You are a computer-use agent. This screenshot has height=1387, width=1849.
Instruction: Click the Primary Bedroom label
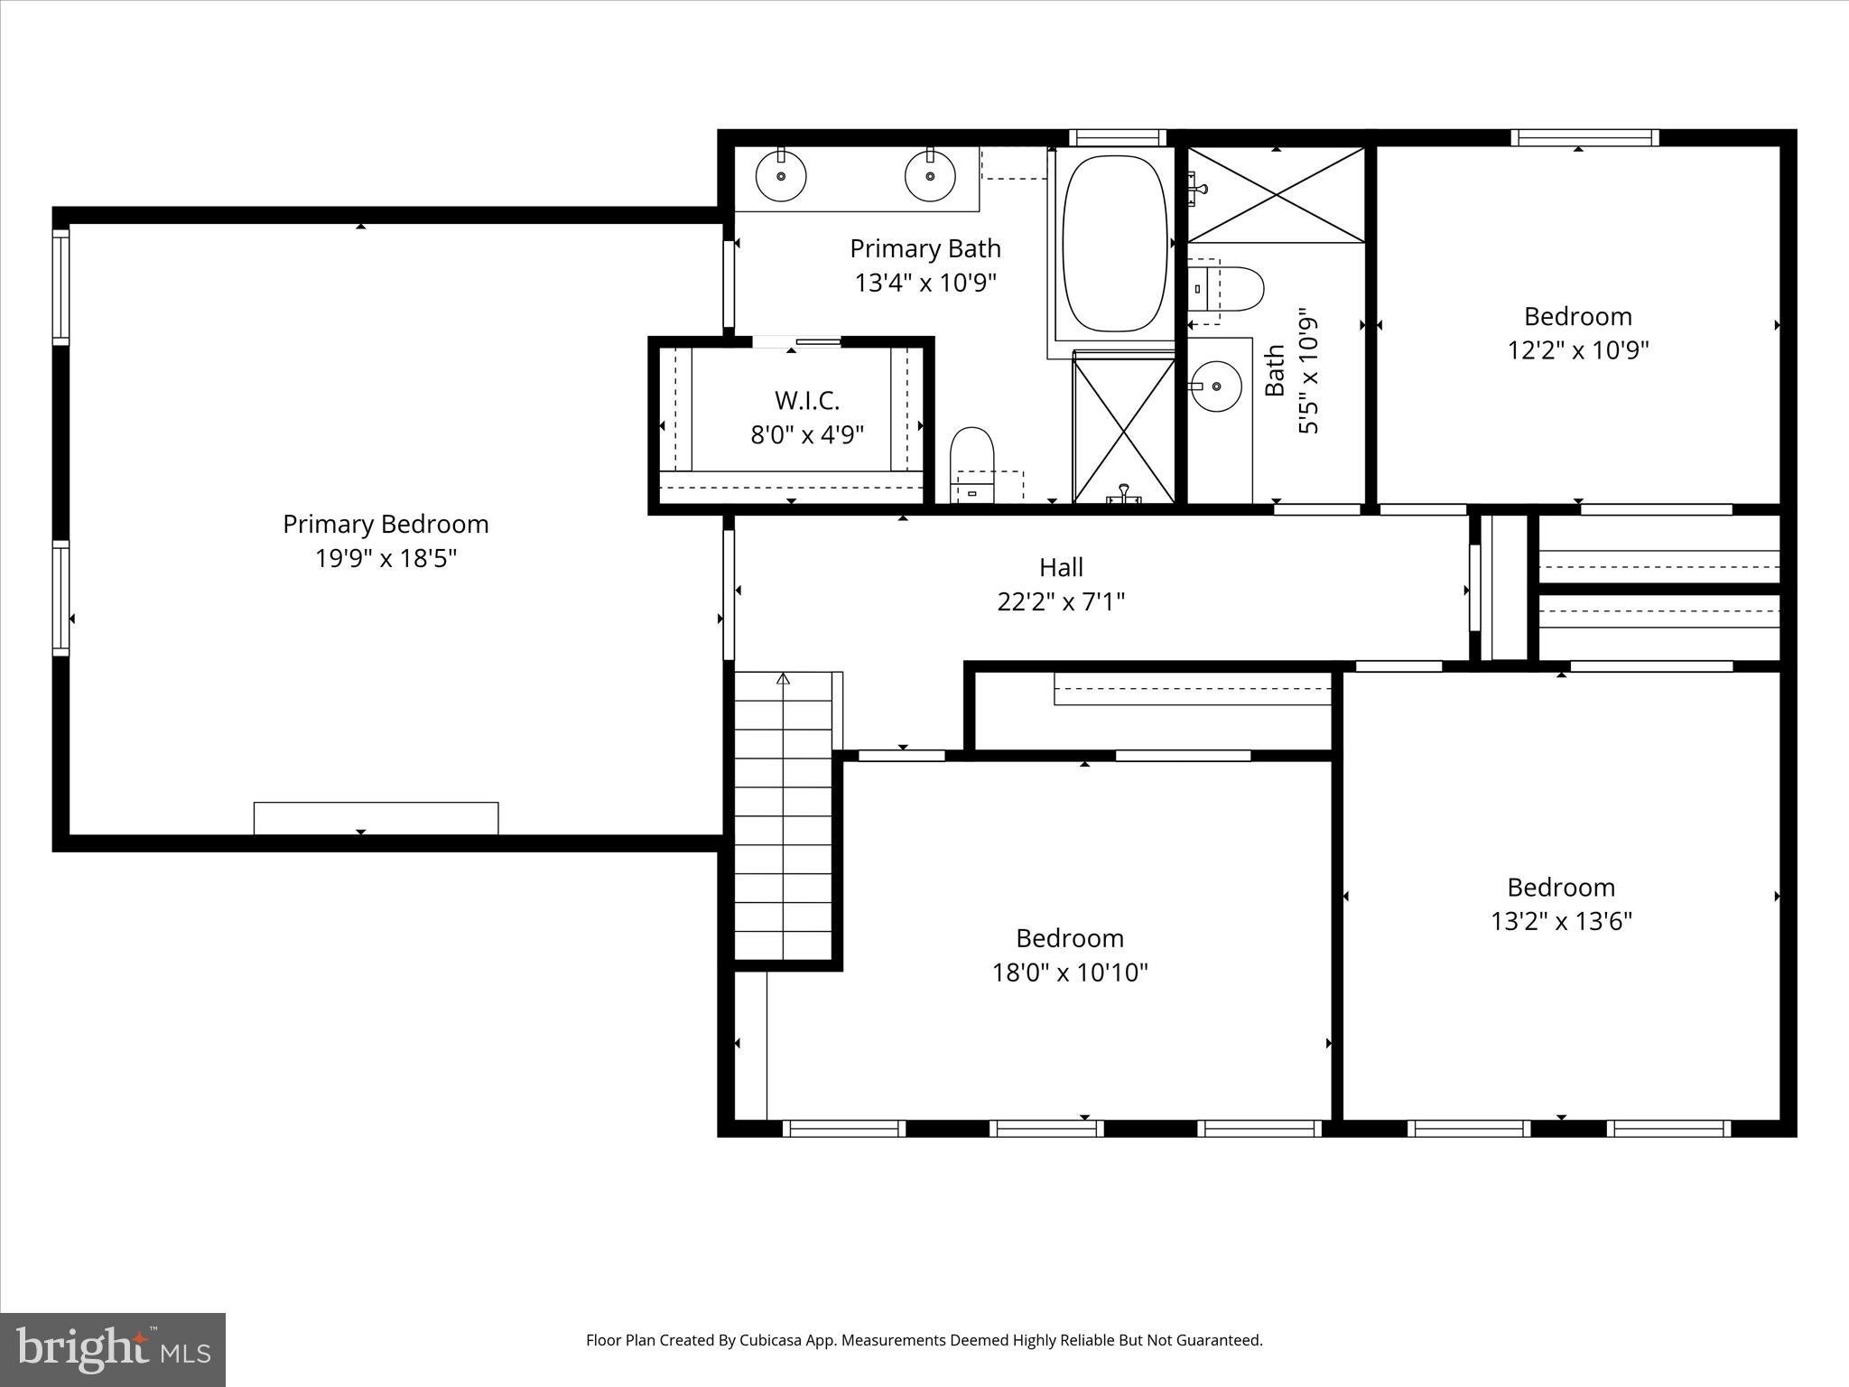pyautogui.click(x=386, y=524)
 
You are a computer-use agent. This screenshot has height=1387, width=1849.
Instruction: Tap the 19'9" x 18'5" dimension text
pyautogui.click(x=386, y=558)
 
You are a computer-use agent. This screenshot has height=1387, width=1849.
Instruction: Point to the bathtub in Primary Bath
pyautogui.click(x=1114, y=244)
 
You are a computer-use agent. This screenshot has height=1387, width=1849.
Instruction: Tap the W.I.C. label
pyautogui.click(x=806, y=400)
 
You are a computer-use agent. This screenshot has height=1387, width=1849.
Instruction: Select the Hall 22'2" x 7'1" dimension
pyautogui.click(x=1061, y=601)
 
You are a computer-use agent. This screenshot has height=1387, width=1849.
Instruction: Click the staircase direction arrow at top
pyautogui.click(x=783, y=678)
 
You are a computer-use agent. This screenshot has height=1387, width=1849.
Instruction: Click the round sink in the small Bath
pyautogui.click(x=1215, y=386)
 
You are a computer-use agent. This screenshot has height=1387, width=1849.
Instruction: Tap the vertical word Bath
pyautogui.click(x=1275, y=370)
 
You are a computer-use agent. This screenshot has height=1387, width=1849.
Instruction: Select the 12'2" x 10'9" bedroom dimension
pyautogui.click(x=1578, y=350)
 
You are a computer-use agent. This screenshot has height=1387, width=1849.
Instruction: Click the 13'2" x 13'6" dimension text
pyautogui.click(x=1560, y=921)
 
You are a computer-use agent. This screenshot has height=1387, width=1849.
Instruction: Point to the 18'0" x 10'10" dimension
pyautogui.click(x=1070, y=973)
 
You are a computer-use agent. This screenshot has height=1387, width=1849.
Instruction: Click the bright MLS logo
pyautogui.click(x=112, y=1349)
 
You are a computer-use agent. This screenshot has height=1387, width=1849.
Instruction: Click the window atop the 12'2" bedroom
pyautogui.click(x=1585, y=137)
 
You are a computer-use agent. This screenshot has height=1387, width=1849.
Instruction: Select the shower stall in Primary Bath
pyautogui.click(x=1123, y=429)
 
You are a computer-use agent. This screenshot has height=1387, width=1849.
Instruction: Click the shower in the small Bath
pyautogui.click(x=1276, y=195)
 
